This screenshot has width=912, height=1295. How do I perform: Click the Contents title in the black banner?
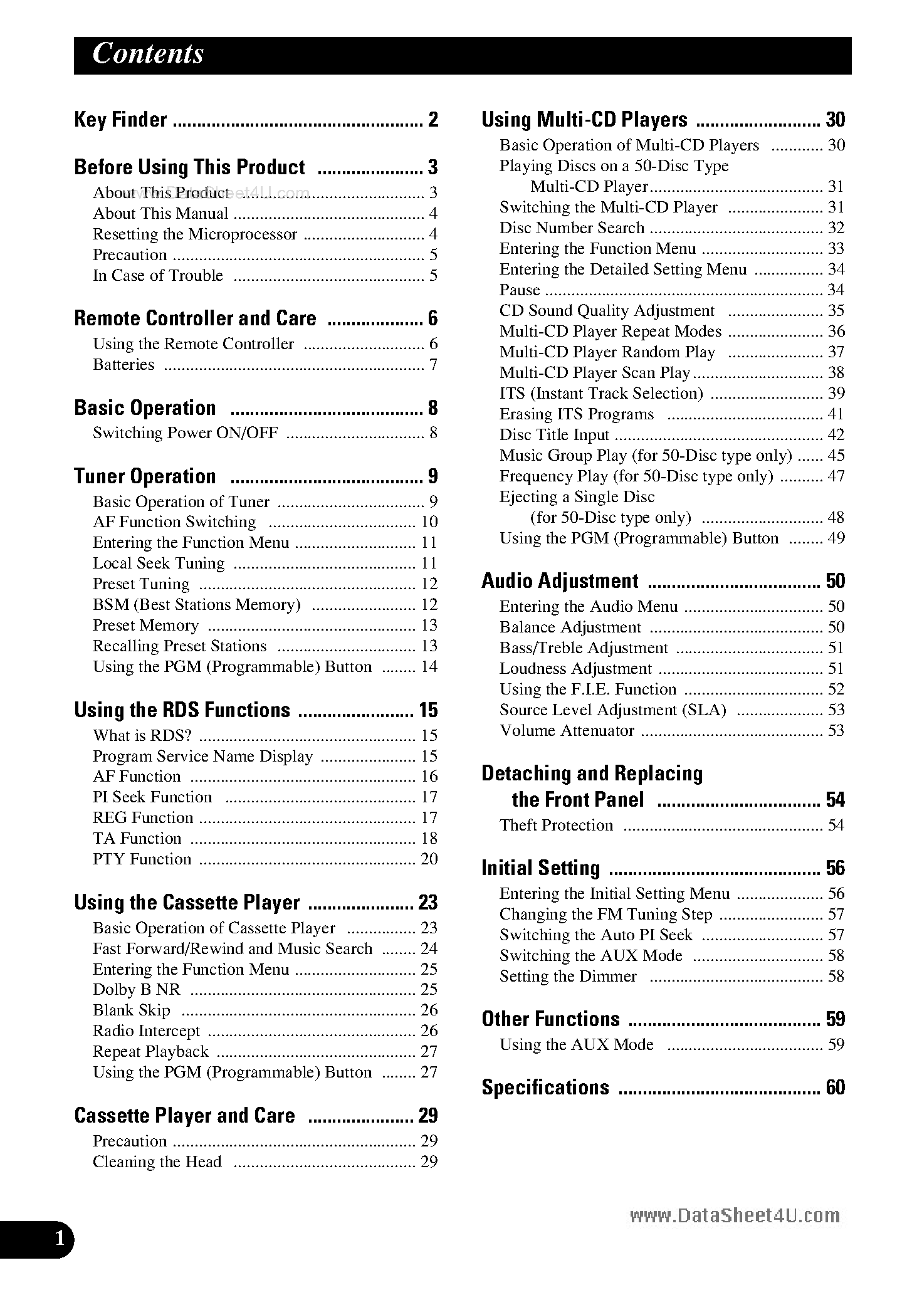(x=148, y=54)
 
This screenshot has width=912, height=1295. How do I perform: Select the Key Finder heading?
(x=120, y=120)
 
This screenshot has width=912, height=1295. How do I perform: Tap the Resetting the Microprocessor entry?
(x=195, y=234)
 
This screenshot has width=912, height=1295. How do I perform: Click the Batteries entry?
(x=123, y=365)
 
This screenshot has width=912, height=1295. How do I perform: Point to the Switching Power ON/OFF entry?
(x=185, y=433)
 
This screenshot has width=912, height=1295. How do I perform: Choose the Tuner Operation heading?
(x=145, y=476)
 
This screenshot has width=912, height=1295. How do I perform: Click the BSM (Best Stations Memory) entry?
(x=197, y=605)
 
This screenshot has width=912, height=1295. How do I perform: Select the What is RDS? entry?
(x=142, y=735)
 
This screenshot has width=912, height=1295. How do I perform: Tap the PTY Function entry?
(x=142, y=859)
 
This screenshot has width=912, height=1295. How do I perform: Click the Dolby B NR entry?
(x=136, y=990)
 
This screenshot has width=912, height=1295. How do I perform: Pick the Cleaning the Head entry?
(x=157, y=1162)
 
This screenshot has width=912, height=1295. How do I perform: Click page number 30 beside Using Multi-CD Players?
(x=835, y=120)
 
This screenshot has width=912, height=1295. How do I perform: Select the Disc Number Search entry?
(x=572, y=228)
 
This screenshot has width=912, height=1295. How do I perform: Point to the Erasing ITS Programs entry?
(x=577, y=414)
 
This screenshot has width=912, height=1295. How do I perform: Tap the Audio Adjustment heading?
(x=560, y=581)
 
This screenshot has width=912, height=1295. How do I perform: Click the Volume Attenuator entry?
(x=567, y=731)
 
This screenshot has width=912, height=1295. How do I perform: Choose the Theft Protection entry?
(x=556, y=826)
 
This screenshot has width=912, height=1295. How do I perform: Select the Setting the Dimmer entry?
(x=568, y=977)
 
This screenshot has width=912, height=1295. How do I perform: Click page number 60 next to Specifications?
(x=835, y=1088)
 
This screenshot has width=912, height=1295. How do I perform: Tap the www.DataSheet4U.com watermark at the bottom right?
(x=735, y=1217)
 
